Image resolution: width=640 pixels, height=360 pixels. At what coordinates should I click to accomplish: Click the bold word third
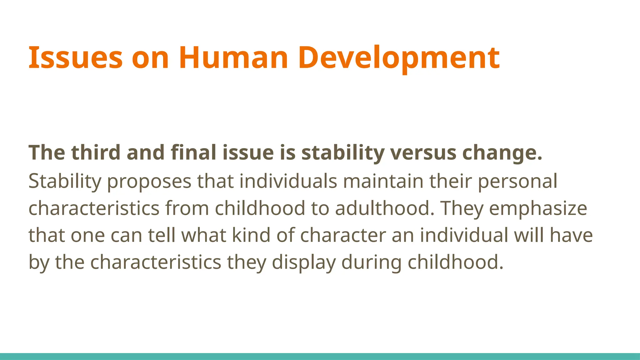96,152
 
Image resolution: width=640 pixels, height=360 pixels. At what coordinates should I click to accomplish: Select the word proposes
149,181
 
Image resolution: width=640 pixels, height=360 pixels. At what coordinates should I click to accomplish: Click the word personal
517,181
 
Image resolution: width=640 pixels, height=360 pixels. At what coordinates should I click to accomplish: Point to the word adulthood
385,208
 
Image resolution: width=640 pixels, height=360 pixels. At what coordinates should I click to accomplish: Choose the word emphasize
538,208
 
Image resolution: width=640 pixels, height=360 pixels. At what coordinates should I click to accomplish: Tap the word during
371,262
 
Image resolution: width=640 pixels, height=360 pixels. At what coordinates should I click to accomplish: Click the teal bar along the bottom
320,356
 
